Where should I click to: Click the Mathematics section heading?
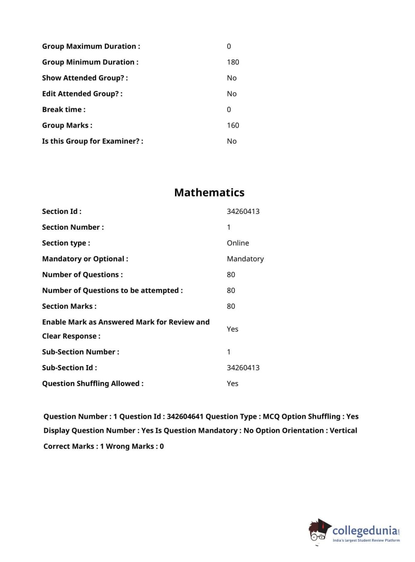(209, 192)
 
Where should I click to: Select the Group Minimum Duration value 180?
(233, 62)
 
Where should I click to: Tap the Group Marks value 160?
(233, 125)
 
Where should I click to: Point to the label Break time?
(63, 109)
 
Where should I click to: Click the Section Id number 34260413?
(243, 211)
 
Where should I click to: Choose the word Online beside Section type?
(238, 243)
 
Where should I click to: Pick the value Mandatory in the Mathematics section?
(245, 259)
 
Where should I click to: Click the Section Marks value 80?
(231, 306)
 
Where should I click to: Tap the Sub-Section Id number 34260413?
(243, 368)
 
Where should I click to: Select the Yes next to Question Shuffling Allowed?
(232, 383)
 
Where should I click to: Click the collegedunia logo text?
(365, 531)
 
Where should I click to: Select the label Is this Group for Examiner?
(92, 141)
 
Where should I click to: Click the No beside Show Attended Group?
(231, 78)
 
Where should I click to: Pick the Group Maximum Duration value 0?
(229, 46)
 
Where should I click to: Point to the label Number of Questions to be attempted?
(112, 291)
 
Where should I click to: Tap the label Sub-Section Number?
(80, 352)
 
